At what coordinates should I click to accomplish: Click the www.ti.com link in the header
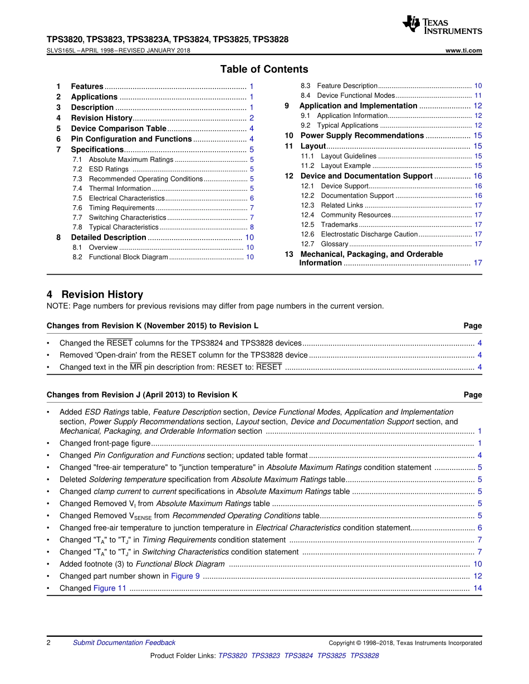click(464, 51)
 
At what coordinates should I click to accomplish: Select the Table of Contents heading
click(264, 70)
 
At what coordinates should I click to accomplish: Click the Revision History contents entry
click(101, 118)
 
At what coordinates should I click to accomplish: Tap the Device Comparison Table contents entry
click(119, 128)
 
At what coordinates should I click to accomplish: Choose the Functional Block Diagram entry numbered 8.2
click(128, 257)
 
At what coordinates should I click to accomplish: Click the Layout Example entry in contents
click(346, 166)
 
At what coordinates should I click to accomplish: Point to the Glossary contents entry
click(335, 244)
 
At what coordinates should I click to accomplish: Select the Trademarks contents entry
click(340, 225)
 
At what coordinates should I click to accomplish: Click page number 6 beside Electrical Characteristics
click(252, 199)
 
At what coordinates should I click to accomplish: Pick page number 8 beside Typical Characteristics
click(252, 227)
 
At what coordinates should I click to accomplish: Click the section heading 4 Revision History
click(95, 295)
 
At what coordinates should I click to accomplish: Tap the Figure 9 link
click(185, 576)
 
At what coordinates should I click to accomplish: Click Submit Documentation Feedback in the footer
click(124, 643)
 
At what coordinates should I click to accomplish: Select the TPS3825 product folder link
click(331, 656)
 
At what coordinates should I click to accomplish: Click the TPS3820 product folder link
click(232, 656)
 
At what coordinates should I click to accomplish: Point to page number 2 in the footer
click(49, 643)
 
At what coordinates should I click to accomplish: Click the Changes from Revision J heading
click(142, 395)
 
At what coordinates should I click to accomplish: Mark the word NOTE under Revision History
click(57, 306)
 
